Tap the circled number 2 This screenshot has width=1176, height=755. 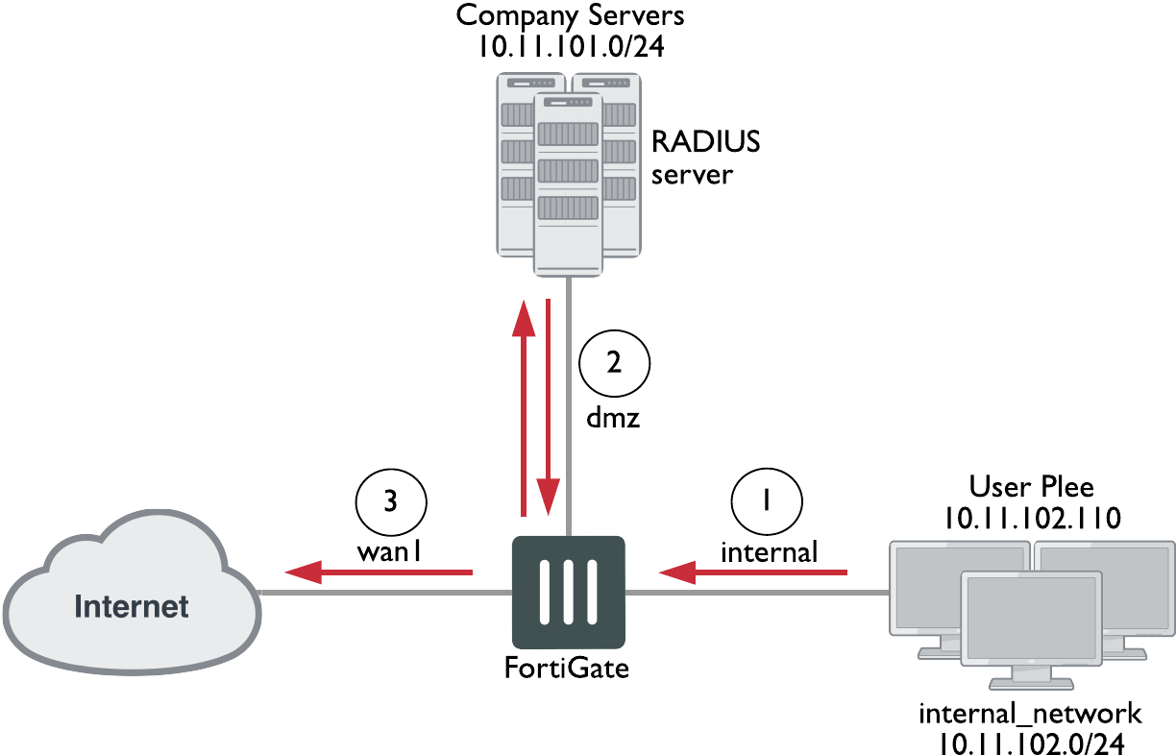point(615,364)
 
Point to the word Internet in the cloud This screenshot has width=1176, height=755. point(132,607)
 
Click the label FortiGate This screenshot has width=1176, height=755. point(567,668)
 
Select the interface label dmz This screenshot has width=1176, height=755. point(613,418)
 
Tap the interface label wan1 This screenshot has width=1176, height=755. point(390,553)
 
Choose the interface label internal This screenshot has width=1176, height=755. point(769,551)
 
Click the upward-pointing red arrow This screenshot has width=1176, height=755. point(523,407)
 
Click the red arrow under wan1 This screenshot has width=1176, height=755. point(380,573)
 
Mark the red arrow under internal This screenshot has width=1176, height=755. point(754,573)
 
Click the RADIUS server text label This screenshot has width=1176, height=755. point(705,158)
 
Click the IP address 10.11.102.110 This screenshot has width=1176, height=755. point(1031,519)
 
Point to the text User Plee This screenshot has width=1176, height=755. point(1031,486)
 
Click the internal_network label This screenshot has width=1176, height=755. point(1031,714)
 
